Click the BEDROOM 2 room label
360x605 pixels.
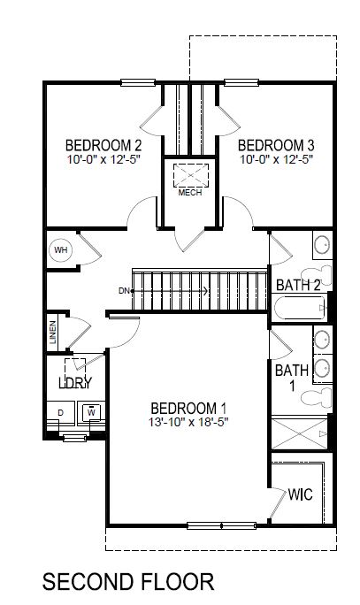(x=103, y=145)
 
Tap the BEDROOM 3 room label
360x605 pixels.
(x=275, y=145)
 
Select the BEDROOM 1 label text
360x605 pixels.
(x=188, y=408)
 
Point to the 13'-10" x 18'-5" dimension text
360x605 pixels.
(x=188, y=423)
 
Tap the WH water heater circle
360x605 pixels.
(x=61, y=249)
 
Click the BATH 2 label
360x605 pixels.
(x=297, y=286)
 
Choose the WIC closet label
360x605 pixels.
(x=301, y=494)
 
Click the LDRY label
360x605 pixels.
(x=75, y=383)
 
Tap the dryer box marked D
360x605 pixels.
(x=61, y=413)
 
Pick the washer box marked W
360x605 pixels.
(x=91, y=412)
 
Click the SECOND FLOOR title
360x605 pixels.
(x=128, y=581)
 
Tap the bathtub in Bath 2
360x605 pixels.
(x=298, y=310)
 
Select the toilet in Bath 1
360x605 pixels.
(x=317, y=395)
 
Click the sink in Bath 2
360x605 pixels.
(x=323, y=244)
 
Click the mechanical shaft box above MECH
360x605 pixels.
(x=188, y=173)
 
